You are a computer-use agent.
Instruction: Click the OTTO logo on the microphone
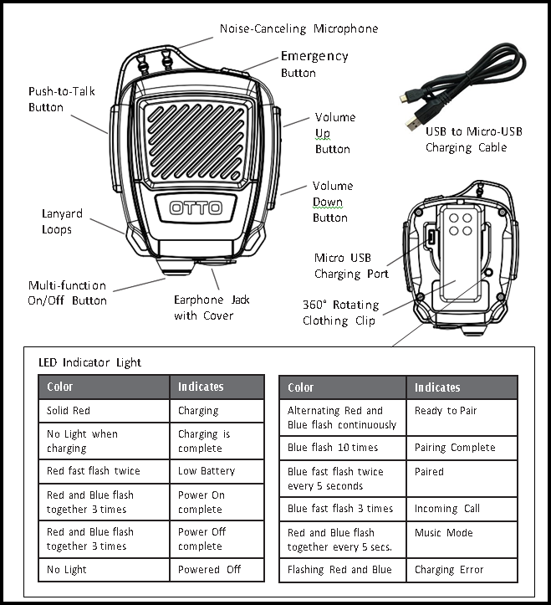click(196, 208)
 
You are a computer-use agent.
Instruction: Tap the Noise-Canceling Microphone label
click(298, 29)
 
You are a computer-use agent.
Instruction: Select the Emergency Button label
click(314, 64)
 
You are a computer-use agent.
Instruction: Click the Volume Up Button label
click(334, 133)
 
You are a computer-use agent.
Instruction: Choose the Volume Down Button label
click(332, 202)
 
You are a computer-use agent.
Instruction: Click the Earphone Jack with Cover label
click(212, 307)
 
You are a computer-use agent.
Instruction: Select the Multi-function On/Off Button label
click(67, 293)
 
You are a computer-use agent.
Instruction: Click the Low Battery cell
click(205, 471)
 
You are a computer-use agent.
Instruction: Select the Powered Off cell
click(209, 570)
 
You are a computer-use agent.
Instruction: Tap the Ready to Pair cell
click(448, 411)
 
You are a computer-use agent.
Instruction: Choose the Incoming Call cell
click(448, 509)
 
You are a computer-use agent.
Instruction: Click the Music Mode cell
click(443, 533)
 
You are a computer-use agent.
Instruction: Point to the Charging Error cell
click(449, 570)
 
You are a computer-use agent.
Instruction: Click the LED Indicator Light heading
click(90, 363)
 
